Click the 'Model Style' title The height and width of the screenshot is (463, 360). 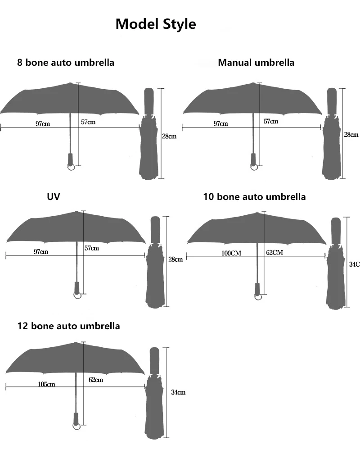156,24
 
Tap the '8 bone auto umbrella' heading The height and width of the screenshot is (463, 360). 66,63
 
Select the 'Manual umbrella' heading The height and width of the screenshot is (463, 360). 256,63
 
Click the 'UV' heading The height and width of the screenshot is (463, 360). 53,197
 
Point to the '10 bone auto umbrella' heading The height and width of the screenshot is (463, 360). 254,197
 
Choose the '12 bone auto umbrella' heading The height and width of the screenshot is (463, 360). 69,326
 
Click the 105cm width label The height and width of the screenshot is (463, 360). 46,384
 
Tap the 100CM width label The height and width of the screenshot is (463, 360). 231,253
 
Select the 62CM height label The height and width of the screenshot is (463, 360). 274,252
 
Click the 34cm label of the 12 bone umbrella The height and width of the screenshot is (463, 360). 178,392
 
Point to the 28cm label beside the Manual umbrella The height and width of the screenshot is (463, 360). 351,135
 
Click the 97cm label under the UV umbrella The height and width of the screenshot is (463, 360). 40,252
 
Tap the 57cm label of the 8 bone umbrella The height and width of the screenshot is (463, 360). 88,122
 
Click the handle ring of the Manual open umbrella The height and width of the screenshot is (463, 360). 254,167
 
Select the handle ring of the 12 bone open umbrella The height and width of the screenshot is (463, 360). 77,424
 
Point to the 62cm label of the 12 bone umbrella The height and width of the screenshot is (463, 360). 96,380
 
